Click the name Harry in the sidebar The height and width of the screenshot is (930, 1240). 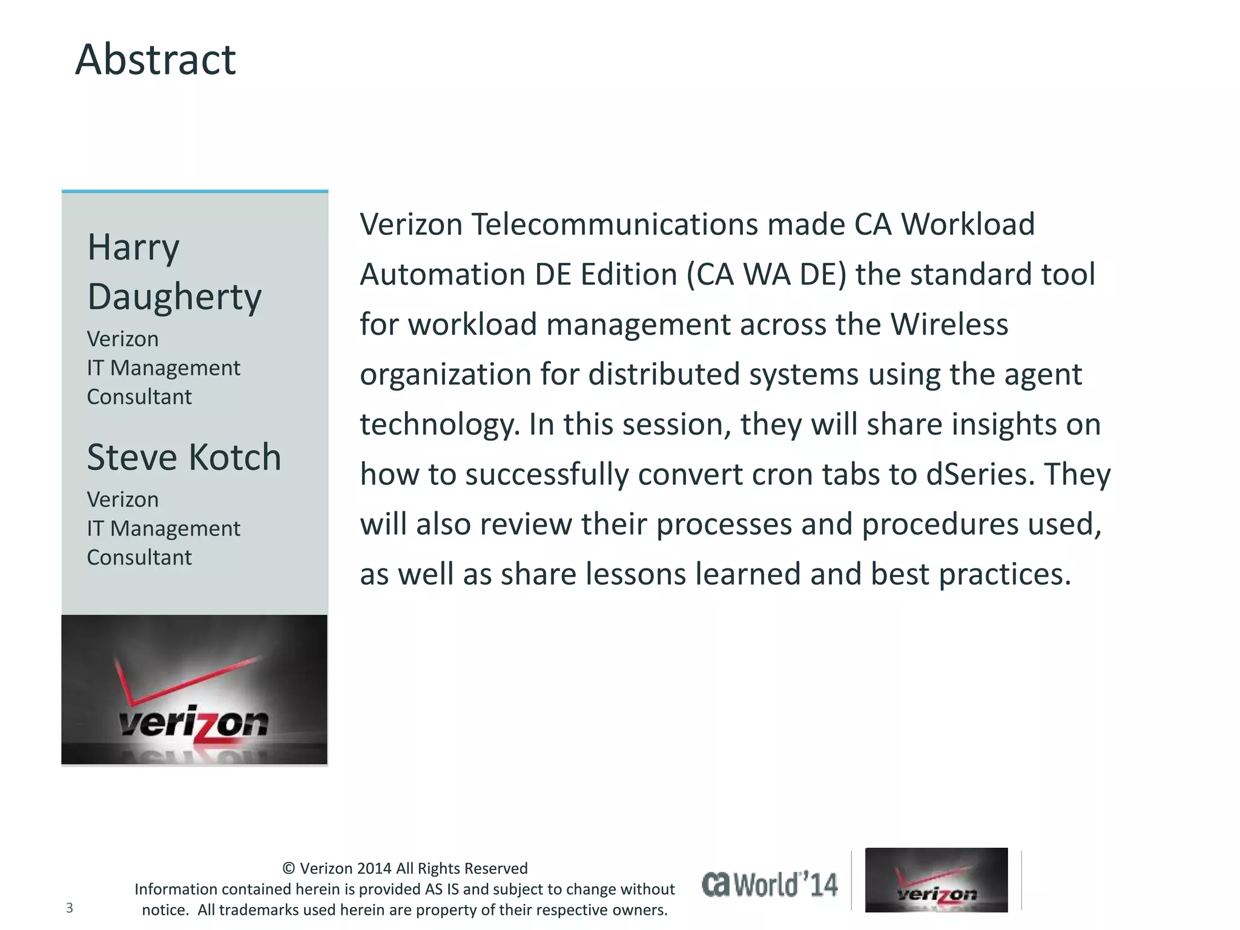pos(133,247)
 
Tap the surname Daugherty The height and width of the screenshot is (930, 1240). pos(174,297)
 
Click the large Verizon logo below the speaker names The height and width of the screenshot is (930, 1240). pos(194,690)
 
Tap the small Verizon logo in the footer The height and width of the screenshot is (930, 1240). pos(936,880)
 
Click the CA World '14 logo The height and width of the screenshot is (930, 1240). pos(770,885)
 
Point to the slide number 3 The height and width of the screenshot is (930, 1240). pos(70,908)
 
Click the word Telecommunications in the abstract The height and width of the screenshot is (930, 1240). pos(615,225)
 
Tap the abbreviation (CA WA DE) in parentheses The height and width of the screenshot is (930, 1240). pos(766,275)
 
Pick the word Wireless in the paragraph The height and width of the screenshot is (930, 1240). pos(949,325)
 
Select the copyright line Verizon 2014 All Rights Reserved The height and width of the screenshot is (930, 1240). pos(405,868)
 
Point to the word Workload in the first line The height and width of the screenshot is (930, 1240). pos(968,225)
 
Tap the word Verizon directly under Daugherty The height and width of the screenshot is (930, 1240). pos(123,339)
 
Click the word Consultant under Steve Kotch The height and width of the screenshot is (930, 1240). pos(139,557)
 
